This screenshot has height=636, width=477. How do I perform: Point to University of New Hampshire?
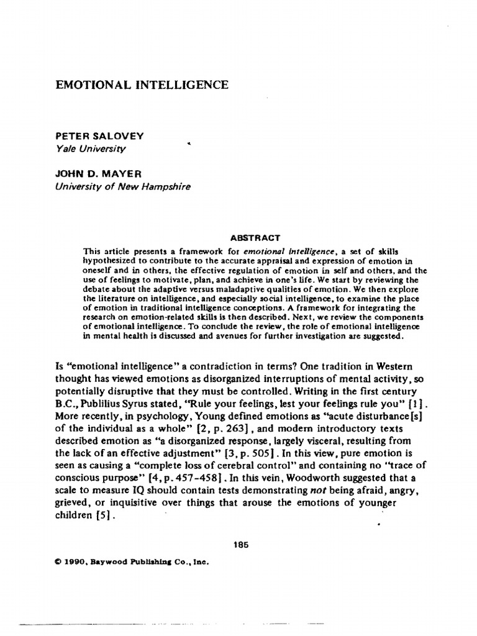pyautogui.click(x=124, y=186)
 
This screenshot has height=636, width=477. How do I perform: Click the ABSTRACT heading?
pyautogui.click(x=255, y=237)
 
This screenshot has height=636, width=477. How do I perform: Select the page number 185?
pyautogui.click(x=241, y=545)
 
